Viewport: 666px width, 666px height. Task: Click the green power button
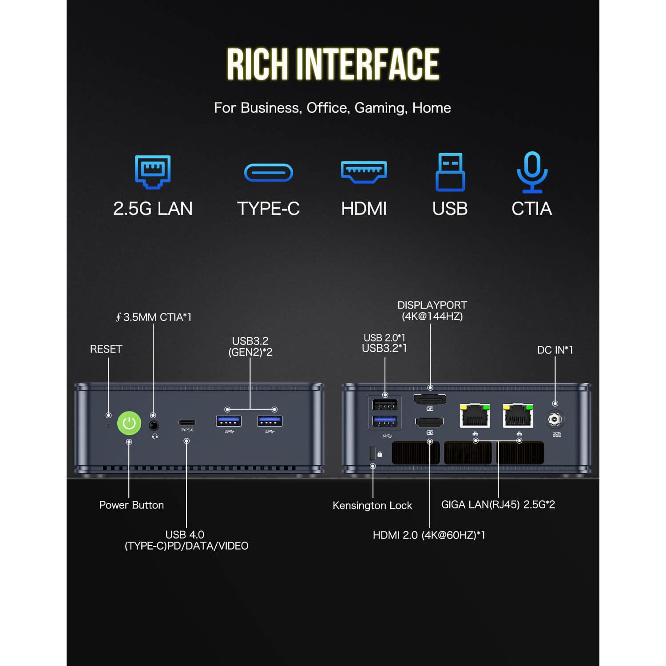pyautogui.click(x=129, y=423)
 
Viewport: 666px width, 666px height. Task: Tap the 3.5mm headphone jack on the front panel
pyautogui.click(x=154, y=425)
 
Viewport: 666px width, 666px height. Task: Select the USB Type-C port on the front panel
pyautogui.click(x=187, y=422)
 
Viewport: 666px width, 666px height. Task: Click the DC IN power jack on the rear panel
pyautogui.click(x=555, y=419)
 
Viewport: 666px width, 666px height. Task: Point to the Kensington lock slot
pyautogui.click(x=372, y=453)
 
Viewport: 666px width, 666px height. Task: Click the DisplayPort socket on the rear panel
pyautogui.click(x=429, y=400)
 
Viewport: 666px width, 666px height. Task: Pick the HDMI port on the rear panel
pyautogui.click(x=429, y=422)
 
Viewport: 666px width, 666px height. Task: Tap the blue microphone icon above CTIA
pyautogui.click(x=532, y=172)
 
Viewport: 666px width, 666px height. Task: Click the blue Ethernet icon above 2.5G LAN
pyautogui.click(x=153, y=172)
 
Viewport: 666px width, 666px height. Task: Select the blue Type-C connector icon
pyautogui.click(x=269, y=173)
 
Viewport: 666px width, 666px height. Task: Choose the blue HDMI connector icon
pyautogui.click(x=364, y=172)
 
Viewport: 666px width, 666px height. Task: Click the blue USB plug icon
pyautogui.click(x=450, y=172)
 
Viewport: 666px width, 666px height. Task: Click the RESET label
pyautogui.click(x=106, y=349)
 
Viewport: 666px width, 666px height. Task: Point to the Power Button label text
pyautogui.click(x=131, y=505)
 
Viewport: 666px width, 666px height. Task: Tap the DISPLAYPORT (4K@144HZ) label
pyautogui.click(x=432, y=311)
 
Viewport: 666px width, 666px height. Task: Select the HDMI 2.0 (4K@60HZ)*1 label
pyautogui.click(x=429, y=535)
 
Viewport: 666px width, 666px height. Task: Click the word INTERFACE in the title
pyautogui.click(x=368, y=64)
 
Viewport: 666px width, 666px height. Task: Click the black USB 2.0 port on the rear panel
pyautogui.click(x=385, y=404)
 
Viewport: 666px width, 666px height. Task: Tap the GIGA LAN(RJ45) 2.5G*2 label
pyautogui.click(x=498, y=504)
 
